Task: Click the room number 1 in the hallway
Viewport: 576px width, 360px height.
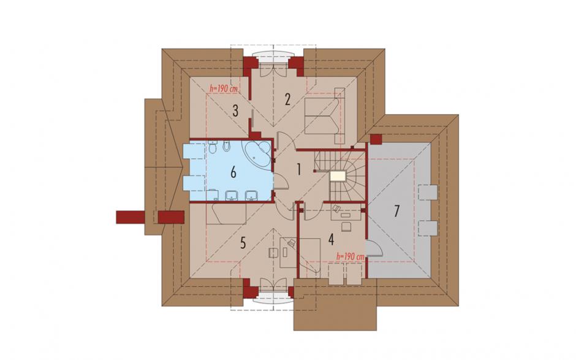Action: click(x=299, y=169)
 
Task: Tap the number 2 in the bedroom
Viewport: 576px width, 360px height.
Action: click(x=287, y=99)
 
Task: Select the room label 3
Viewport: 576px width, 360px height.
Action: click(x=235, y=110)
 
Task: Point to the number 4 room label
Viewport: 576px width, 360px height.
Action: click(x=331, y=239)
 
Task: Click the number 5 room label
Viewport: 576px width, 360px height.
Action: click(x=243, y=243)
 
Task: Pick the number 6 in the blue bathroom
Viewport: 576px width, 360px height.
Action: click(x=233, y=172)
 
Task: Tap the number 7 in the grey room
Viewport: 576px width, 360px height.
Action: click(x=396, y=212)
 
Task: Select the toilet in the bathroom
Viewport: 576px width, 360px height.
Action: click(x=212, y=148)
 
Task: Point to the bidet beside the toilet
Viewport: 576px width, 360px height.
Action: click(x=226, y=147)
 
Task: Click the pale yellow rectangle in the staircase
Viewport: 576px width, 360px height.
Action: click(x=338, y=177)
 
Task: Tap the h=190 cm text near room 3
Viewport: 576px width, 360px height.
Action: click(x=223, y=89)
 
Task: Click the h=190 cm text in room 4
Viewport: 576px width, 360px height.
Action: click(x=351, y=257)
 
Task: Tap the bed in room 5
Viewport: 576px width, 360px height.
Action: click(x=226, y=213)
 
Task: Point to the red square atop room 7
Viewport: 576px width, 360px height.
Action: click(x=376, y=139)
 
